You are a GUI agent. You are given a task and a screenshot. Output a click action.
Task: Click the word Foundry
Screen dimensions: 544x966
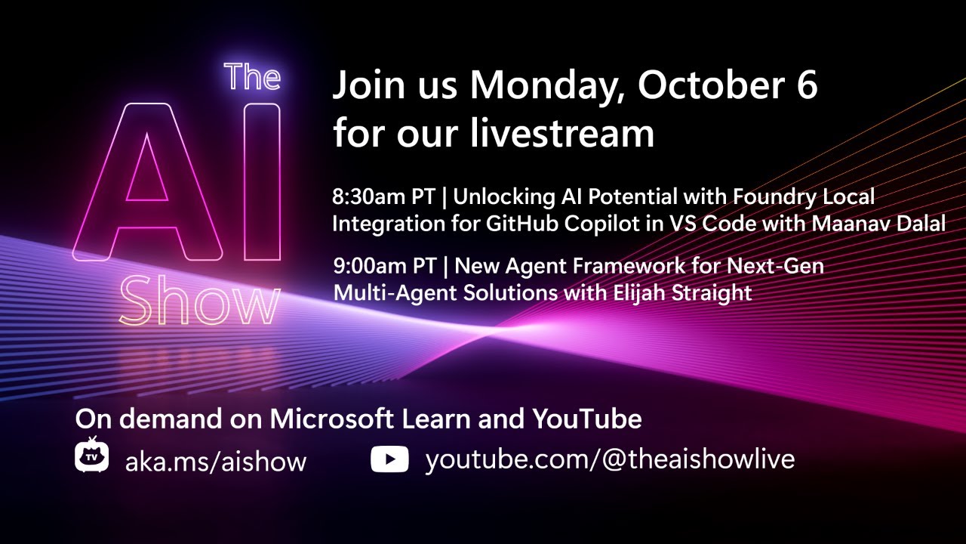[x=778, y=198]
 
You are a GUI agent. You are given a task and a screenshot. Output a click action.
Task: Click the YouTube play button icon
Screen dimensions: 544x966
[x=389, y=459]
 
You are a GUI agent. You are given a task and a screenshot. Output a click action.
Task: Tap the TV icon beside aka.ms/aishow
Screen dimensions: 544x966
[x=92, y=456]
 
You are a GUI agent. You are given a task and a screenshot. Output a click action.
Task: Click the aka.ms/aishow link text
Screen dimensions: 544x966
[x=216, y=461]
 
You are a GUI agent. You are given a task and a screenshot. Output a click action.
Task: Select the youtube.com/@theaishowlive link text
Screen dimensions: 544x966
[x=610, y=459]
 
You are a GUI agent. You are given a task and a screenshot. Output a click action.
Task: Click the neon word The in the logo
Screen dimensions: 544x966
[x=252, y=77]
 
